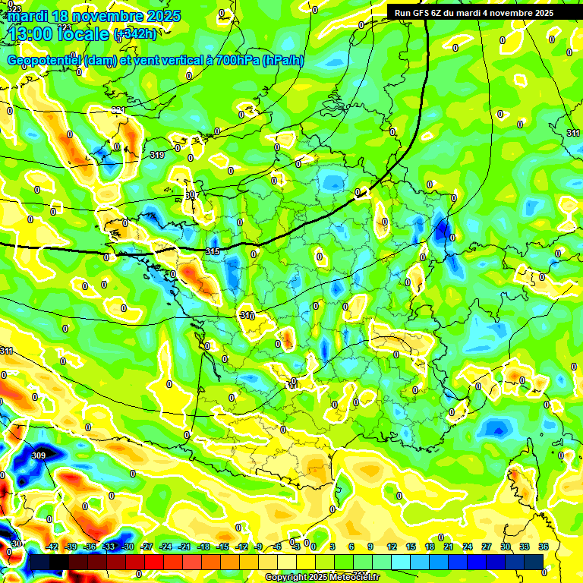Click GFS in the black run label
tap(424, 13)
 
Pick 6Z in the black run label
tap(443, 13)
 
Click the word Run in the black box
tap(403, 13)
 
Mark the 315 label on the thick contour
tap(213, 251)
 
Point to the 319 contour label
tap(157, 155)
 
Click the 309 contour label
tap(39, 455)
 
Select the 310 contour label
tap(247, 315)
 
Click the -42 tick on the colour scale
tap(53, 547)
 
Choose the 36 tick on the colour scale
tap(544, 547)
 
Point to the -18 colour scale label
tap(203, 547)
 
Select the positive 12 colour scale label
tap(392, 547)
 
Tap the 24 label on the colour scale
tap(468, 547)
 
